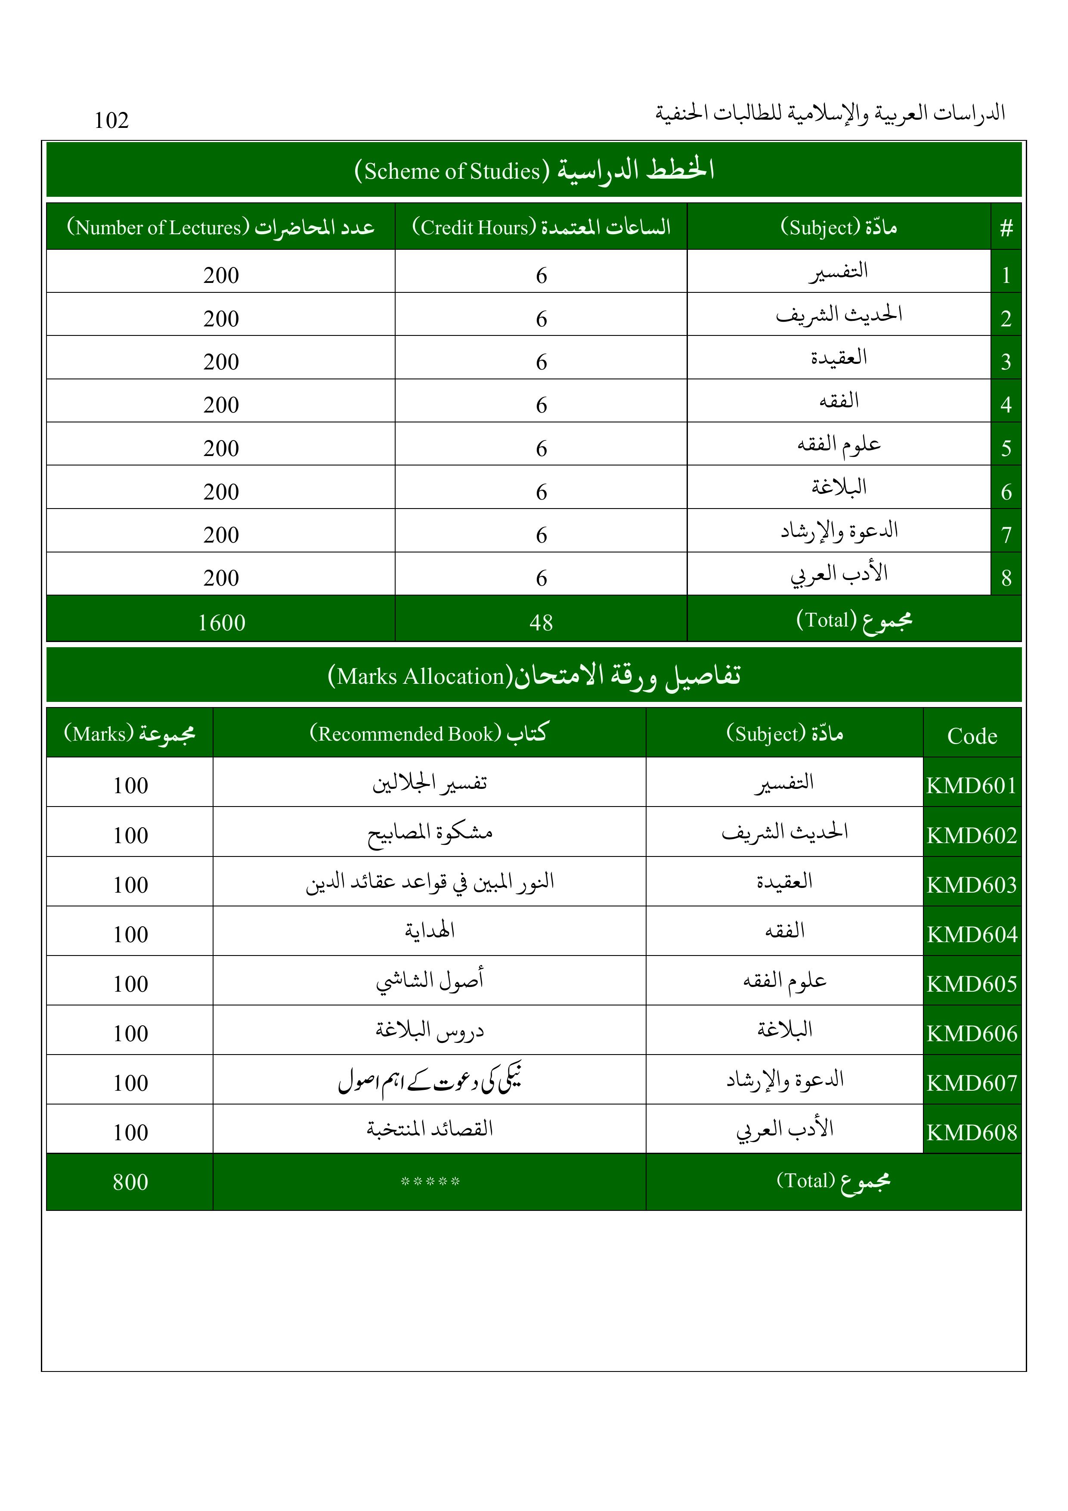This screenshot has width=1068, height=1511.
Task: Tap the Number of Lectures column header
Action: pyautogui.click(x=220, y=227)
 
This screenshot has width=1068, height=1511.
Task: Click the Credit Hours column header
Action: pyautogui.click(x=541, y=227)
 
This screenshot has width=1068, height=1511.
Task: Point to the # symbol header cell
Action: pyautogui.click(x=1006, y=228)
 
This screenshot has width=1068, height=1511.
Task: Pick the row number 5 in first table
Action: pyautogui.click(x=1006, y=448)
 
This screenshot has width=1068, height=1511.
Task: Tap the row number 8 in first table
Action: pyautogui.click(x=1006, y=578)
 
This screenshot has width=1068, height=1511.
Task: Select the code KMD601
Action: pyautogui.click(x=972, y=785)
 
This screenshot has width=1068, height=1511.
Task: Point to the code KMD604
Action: pyautogui.click(x=972, y=934)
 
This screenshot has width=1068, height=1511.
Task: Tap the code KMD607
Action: pyautogui.click(x=972, y=1083)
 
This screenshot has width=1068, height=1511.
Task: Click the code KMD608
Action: pyautogui.click(x=972, y=1132)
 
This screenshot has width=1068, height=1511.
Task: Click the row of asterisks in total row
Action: pyautogui.click(x=430, y=1181)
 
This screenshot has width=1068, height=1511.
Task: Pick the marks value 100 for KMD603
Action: pyautogui.click(x=130, y=884)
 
